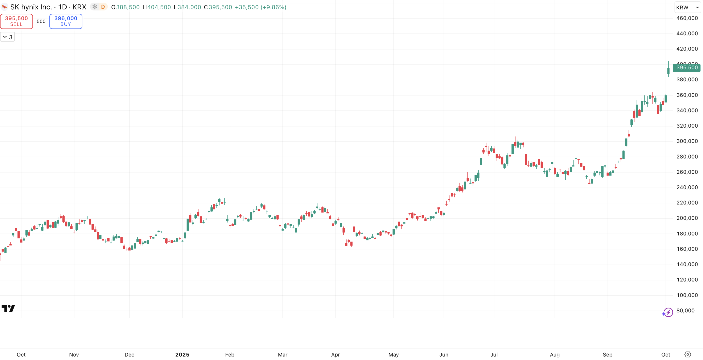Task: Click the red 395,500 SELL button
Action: [x=16, y=21]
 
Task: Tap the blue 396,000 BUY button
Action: [x=66, y=21]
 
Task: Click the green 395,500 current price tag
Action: [x=687, y=68]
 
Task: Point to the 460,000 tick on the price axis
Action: [x=687, y=18]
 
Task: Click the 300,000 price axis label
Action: [x=687, y=141]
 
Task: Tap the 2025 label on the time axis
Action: [x=182, y=355]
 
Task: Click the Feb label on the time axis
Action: [x=230, y=355]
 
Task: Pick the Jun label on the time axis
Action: [x=444, y=355]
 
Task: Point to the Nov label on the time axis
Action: [x=74, y=355]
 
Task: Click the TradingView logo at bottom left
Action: [x=8, y=308]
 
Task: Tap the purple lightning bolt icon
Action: [x=667, y=312]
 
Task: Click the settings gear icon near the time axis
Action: [x=688, y=355]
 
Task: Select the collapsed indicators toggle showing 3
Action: [x=7, y=37]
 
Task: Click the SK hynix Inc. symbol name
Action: [x=31, y=7]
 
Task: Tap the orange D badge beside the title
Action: [x=103, y=7]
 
